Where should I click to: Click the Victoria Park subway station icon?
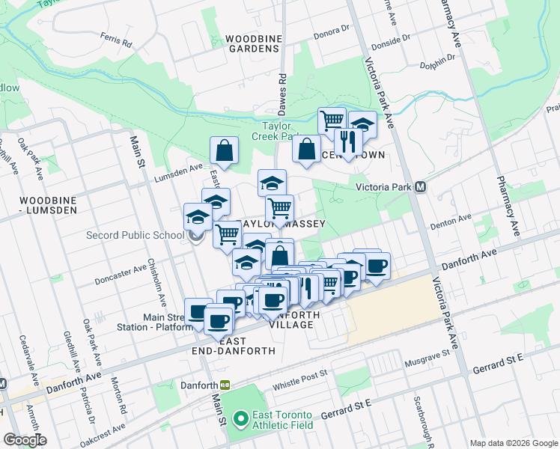pyautogui.click(x=421, y=187)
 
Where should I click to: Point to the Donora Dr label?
pyautogui.click(x=332, y=31)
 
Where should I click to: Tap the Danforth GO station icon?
pyautogui.click(x=225, y=385)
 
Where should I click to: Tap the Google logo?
pyautogui.click(x=25, y=440)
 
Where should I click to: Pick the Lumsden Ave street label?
pyautogui.click(x=178, y=174)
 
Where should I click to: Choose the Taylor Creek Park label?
pyautogui.click(x=281, y=131)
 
